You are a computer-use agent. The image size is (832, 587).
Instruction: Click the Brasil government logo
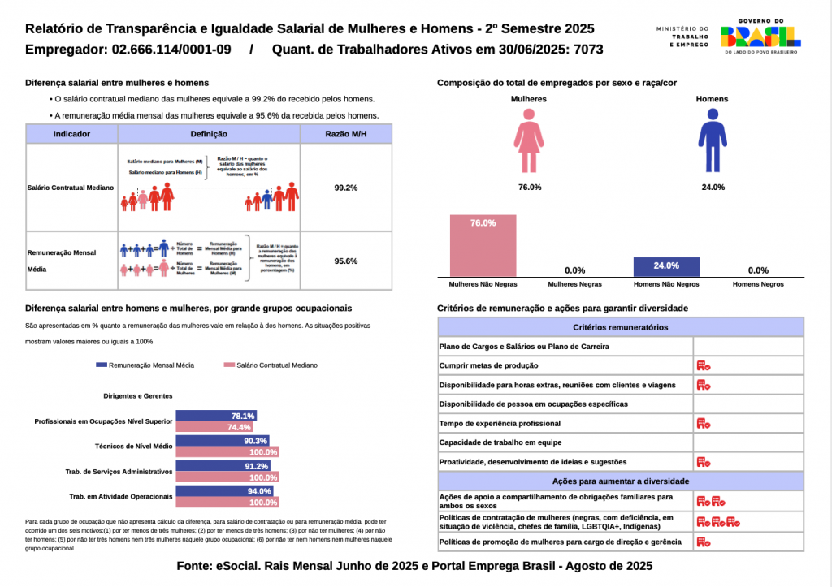click(x=760, y=35)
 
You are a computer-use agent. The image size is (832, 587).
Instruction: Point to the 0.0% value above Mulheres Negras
click(x=574, y=270)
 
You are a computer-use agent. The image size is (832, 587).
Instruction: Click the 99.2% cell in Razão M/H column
click(x=346, y=188)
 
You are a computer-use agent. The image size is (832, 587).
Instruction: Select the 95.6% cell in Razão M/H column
click(x=346, y=261)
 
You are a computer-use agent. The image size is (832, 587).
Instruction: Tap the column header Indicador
click(x=71, y=134)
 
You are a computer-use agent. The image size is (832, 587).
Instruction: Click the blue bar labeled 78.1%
click(x=216, y=416)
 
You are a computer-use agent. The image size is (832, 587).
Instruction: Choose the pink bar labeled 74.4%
click(x=214, y=427)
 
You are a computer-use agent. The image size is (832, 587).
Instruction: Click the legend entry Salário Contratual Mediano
click(x=271, y=365)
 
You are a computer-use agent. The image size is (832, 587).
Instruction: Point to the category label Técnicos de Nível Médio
click(x=133, y=446)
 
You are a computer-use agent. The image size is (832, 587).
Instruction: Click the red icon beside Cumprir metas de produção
click(x=703, y=366)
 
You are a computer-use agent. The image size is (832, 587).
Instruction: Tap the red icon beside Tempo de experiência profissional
click(x=703, y=423)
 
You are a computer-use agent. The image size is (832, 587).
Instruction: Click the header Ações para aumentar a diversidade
click(x=621, y=481)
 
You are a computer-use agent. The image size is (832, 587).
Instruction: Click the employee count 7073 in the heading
click(x=588, y=50)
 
